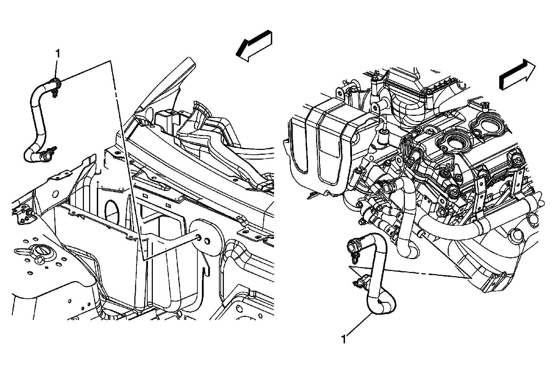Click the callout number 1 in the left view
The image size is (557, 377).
pos(58,54)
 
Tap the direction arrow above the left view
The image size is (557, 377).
pos(253,47)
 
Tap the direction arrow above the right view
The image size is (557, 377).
pos(517,75)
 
